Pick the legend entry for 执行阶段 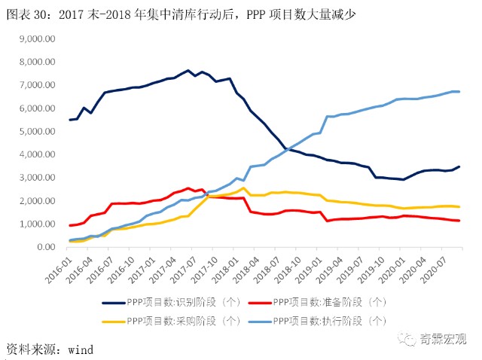click(328, 321)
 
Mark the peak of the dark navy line click(188, 71)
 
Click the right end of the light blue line click(459, 92)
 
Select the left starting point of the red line click(71, 225)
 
